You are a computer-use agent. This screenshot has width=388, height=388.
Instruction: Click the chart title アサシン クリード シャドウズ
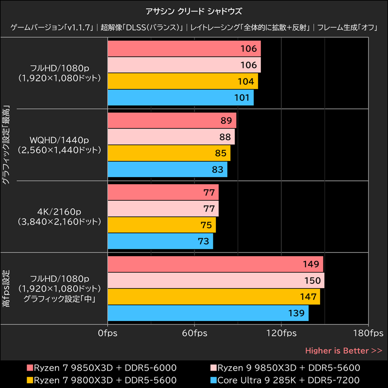pos(194,10)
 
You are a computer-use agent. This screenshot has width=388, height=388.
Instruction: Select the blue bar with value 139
pos(208,313)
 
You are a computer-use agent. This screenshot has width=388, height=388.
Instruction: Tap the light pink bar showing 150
pos(216,280)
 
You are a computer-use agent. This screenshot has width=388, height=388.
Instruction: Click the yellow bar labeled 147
pos(213,297)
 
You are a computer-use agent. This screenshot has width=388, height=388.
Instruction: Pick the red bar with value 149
pos(215,264)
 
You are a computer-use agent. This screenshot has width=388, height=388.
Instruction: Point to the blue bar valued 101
pos(180,97)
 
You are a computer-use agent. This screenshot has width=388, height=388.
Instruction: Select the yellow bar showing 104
pos(182,81)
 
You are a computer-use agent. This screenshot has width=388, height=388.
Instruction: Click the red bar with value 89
pos(172,121)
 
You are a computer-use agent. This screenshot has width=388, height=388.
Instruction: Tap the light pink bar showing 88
pos(171,137)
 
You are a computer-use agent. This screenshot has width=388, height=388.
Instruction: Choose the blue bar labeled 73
pos(160,241)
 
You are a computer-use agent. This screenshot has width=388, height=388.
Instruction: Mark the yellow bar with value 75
pos(162,225)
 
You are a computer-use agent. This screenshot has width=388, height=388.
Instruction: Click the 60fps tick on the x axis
pos(194,334)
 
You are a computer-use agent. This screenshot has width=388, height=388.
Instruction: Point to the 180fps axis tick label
pos(369,334)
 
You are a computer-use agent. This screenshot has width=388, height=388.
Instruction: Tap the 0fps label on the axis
pos(107,334)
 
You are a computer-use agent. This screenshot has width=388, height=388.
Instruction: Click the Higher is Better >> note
pos(343,351)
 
